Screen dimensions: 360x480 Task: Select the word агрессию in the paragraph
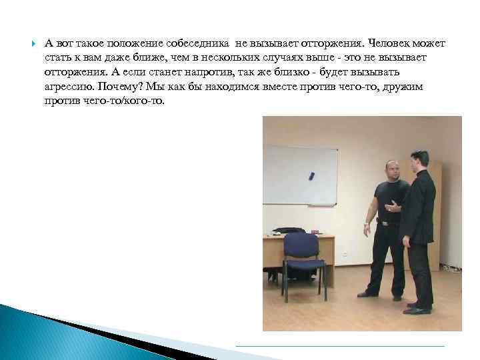[x=70, y=87]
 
